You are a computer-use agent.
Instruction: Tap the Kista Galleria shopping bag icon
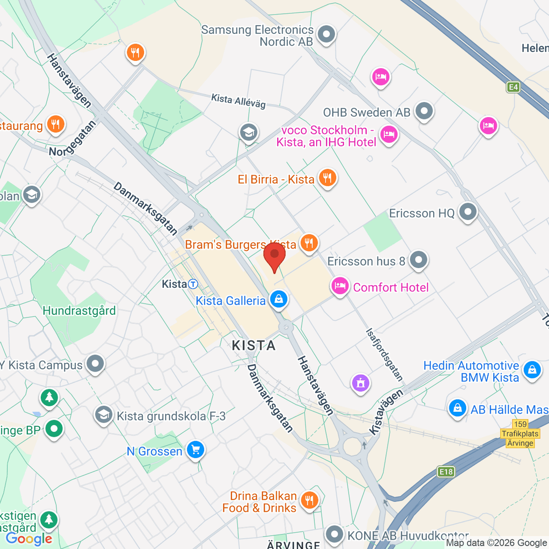tap(279, 299)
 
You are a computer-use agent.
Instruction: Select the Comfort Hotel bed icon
tap(339, 286)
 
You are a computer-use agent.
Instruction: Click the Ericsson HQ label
tap(421, 213)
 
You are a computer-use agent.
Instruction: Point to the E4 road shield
tap(513, 87)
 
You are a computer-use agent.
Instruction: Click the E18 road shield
tap(446, 472)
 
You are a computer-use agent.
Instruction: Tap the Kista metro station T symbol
tap(193, 284)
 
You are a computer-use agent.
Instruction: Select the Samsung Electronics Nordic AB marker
tap(326, 34)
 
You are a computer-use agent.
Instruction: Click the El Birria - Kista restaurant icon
tap(327, 178)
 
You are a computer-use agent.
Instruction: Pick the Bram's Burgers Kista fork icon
tap(309, 242)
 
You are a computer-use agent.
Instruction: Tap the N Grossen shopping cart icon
tap(195, 450)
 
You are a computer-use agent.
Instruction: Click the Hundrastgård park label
tap(79, 311)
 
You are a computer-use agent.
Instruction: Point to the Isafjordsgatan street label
tap(384, 355)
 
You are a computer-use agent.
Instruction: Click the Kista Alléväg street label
tap(238, 101)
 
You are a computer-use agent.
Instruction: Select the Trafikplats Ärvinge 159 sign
tap(520, 434)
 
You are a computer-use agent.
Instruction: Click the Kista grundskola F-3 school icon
tap(103, 415)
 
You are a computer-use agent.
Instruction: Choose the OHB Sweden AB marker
tap(424, 111)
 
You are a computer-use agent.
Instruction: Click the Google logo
tap(29, 538)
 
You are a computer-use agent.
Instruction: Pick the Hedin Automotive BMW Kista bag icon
tap(532, 369)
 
